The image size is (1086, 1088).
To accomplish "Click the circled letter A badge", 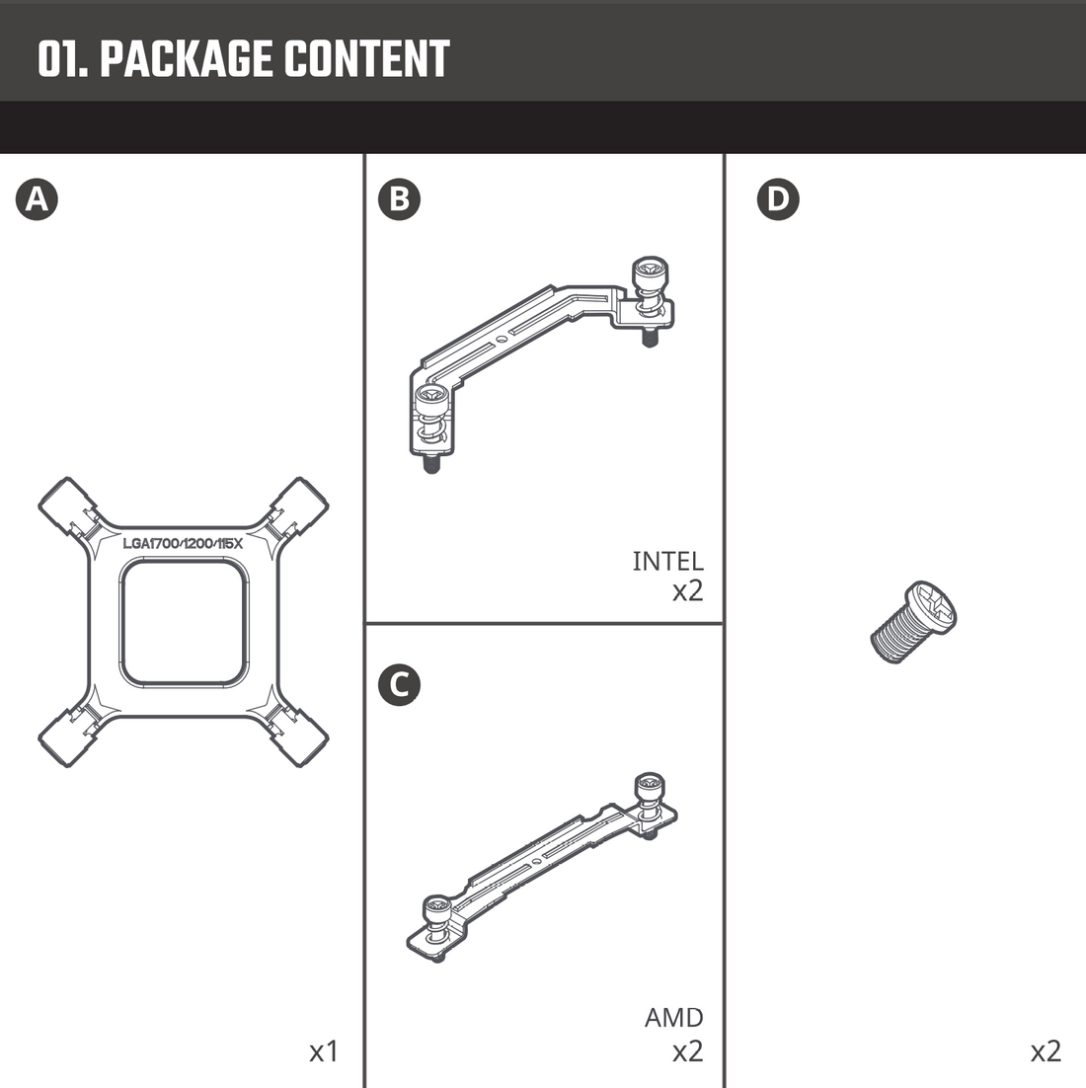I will [37, 199].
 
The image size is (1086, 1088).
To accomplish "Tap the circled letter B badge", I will [399, 199].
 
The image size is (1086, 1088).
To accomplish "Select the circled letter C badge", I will [399, 684].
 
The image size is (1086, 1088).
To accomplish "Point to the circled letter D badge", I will [778, 199].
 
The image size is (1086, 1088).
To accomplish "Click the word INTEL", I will [667, 561].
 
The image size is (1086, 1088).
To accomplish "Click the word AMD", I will [674, 1017].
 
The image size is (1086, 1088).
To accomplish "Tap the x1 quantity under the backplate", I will [324, 1051].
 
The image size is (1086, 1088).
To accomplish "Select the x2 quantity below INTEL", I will [687, 591].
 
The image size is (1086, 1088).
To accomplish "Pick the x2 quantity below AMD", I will [687, 1051].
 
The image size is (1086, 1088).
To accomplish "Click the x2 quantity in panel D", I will [1046, 1051].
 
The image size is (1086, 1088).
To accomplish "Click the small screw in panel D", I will [914, 622].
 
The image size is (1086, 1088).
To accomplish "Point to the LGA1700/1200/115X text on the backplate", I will [183, 543].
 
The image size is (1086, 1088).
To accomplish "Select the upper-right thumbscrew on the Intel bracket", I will [650, 281].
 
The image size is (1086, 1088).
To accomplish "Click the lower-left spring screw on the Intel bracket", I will [429, 420].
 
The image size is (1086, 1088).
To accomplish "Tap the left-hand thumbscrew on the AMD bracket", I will [437, 914].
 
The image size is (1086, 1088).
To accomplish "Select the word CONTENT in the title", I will [367, 59].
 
